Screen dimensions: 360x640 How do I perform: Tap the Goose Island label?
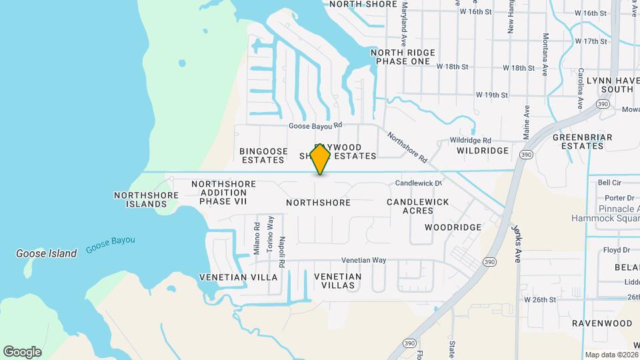click(47, 253)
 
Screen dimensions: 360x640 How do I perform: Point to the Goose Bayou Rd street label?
click(315, 125)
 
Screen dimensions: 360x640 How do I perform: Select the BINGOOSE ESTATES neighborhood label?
click(263, 155)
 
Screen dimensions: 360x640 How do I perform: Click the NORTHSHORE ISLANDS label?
click(146, 199)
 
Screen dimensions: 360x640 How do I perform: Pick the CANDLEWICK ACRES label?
click(418, 206)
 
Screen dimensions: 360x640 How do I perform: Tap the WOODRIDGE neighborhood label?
click(453, 227)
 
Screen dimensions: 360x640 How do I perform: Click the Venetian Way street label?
click(363, 260)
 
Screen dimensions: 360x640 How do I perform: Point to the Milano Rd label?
click(256, 238)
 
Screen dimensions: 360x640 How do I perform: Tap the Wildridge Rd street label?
click(470, 141)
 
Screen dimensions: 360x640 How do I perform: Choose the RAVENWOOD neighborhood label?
click(602, 323)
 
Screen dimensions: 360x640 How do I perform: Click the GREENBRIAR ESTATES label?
click(577, 141)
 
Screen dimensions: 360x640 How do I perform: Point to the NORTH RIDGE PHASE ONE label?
click(403, 57)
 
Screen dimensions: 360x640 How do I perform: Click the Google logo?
click(22, 352)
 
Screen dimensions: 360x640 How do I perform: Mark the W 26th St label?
click(540, 299)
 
